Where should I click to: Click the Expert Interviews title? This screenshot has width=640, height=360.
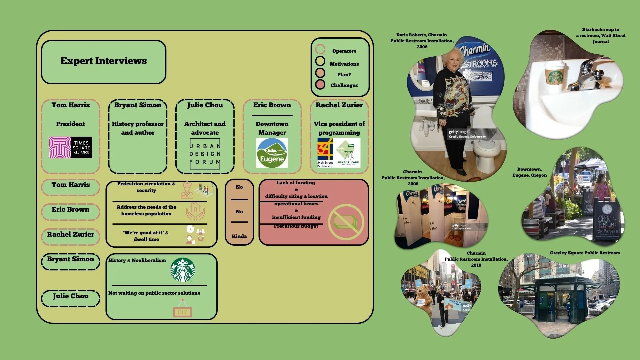(104, 61)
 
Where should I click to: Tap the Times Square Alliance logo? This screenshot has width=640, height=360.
(70, 147)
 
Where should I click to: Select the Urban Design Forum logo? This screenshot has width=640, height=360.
(205, 154)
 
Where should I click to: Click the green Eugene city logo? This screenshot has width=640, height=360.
(272, 153)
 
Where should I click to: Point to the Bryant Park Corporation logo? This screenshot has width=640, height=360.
(348, 153)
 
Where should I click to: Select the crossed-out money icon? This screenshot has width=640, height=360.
(346, 222)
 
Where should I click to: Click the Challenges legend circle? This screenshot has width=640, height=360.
(320, 85)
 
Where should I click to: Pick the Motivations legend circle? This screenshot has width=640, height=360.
(320, 61)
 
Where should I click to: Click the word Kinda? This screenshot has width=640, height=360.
(239, 236)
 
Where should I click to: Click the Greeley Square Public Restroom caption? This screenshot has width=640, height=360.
(585, 253)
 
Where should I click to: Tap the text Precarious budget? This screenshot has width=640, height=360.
(296, 226)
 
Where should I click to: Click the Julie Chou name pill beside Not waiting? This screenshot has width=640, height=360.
(71, 296)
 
